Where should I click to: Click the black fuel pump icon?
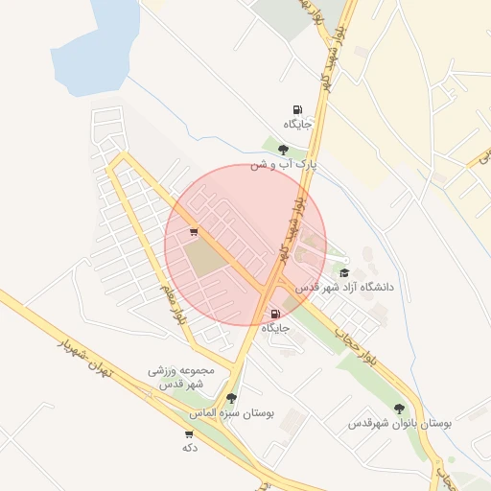coord(296,110)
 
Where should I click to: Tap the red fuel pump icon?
coord(276,314)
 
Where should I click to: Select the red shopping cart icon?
coord(194,231)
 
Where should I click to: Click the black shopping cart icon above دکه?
coord(188,433)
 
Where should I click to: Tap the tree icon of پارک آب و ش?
coord(283,150)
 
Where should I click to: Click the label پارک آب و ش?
coord(283,165)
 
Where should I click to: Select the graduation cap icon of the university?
coord(344,272)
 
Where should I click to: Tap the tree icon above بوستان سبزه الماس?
coord(230,398)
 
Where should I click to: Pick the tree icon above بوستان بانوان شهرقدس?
coord(399,409)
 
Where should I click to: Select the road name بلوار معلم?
coord(175,304)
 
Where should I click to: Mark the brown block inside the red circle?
coord(202,257)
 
